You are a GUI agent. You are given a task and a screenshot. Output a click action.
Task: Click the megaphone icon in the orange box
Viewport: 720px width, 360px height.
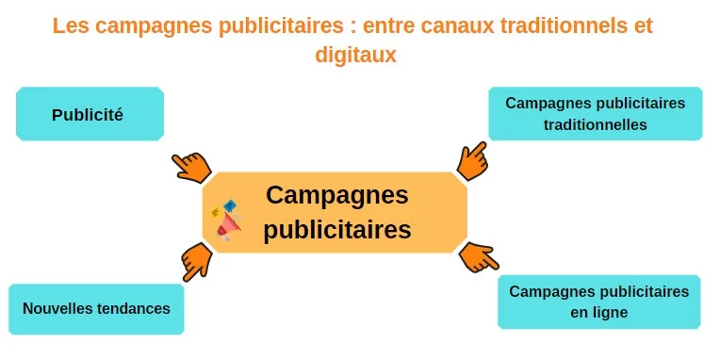coord(227,221)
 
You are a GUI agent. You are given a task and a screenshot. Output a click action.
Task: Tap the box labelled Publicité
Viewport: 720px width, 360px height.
coord(90,115)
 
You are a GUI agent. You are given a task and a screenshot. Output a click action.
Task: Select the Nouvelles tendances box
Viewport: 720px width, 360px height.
coord(96,308)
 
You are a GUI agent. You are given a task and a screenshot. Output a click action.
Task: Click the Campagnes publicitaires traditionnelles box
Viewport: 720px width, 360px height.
coord(595,113)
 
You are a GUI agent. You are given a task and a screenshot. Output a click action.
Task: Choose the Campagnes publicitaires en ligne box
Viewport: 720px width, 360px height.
coord(598,301)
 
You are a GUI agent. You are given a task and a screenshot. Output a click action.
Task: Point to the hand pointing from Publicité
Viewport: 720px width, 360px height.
coord(191,165)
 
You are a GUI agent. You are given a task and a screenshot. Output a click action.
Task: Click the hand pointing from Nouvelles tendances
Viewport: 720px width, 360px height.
coord(196,259)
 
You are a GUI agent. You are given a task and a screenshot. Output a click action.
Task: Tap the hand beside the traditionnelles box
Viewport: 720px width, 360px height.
coord(472,160)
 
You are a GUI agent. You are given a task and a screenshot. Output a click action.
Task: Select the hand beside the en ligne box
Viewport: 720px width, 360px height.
coord(478,256)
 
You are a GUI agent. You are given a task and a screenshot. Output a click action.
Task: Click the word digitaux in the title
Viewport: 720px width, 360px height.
coord(355,56)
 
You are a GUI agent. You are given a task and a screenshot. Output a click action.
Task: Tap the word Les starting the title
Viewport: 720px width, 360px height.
coord(69,25)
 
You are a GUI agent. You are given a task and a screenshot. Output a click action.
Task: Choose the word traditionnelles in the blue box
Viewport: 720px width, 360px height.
coord(596,123)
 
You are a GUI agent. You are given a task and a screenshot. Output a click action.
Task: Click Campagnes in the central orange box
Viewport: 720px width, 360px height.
coord(336,196)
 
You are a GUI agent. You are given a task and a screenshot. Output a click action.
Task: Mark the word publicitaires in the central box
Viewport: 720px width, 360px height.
coord(336,229)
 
